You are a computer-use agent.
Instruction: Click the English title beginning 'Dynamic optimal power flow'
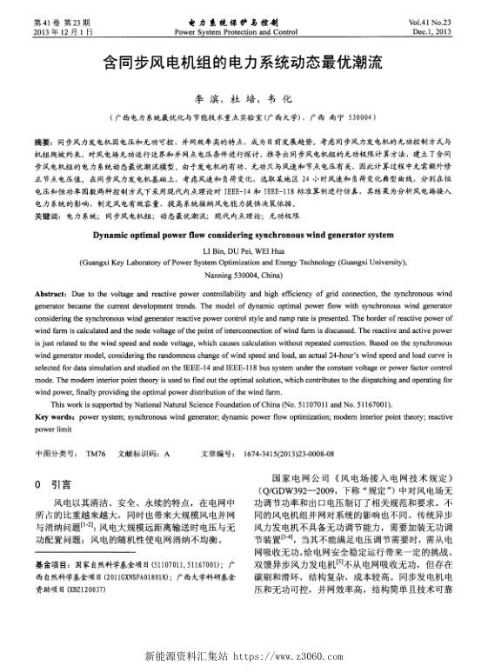(x=244, y=235)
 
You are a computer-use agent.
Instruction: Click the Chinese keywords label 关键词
(x=46, y=214)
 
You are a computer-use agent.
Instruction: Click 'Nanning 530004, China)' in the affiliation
(x=244, y=273)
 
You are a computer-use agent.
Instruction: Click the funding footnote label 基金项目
(x=51, y=565)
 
